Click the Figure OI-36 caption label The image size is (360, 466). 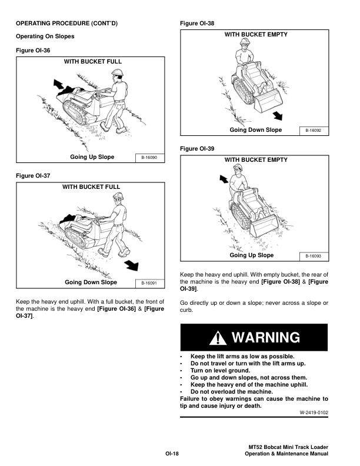point(33,50)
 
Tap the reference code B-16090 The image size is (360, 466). point(149,158)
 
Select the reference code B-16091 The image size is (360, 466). point(149,283)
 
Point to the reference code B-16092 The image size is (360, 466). point(314,131)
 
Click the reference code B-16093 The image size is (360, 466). point(314,256)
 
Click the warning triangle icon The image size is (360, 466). point(218,338)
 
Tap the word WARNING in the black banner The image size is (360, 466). point(266,338)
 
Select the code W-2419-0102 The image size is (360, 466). point(314,412)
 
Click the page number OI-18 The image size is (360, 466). point(172,454)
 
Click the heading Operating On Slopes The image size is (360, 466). point(45,36)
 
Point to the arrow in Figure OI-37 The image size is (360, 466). point(132,265)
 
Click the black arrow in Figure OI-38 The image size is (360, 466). point(278,115)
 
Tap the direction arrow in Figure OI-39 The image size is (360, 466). point(224,179)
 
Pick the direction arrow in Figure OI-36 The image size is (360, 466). point(58,84)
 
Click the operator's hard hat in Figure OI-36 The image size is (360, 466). point(117,72)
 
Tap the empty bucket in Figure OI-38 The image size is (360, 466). point(268,101)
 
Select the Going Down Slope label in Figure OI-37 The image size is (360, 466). point(91,282)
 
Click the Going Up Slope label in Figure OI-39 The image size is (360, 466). point(252,255)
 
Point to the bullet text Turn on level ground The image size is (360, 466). point(221,371)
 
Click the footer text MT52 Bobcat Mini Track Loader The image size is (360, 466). point(288,447)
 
